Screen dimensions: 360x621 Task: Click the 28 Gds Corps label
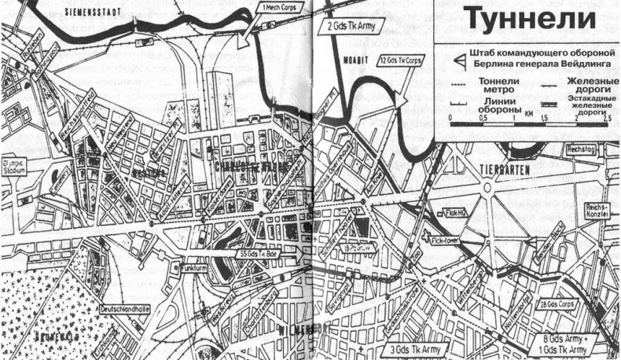pyautogui.click(x=555, y=305)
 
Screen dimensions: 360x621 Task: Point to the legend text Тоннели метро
pyautogui.click(x=483, y=92)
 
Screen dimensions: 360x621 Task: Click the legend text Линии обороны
pyautogui.click(x=483, y=111)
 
